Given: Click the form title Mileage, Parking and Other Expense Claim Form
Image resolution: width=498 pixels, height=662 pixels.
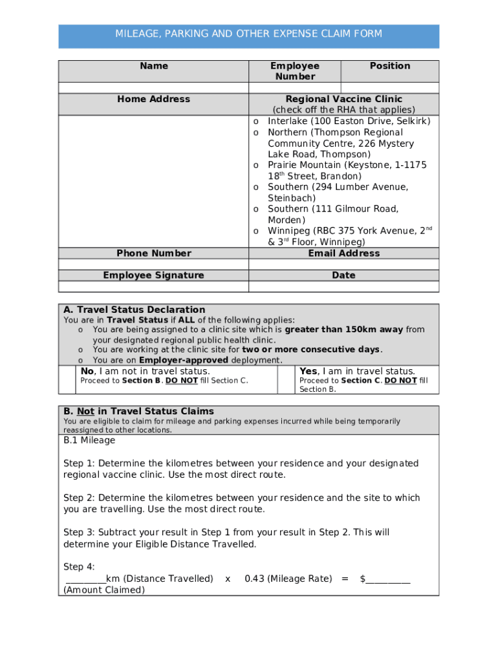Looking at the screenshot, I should pyautogui.click(x=248, y=34).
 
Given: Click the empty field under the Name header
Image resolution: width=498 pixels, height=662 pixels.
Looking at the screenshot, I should pyautogui.click(x=153, y=88).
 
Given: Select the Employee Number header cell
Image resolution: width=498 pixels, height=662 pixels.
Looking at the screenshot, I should pyautogui.click(x=294, y=71).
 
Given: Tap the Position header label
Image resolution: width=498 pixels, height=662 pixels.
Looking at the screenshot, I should pyautogui.click(x=389, y=66).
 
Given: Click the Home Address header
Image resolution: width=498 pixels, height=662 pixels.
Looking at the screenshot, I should pyautogui.click(x=153, y=99).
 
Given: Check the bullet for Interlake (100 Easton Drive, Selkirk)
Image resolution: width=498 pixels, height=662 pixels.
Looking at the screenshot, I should pyautogui.click(x=256, y=122).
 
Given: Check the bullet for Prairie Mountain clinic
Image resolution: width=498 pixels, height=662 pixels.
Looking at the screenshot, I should pyautogui.click(x=256, y=165).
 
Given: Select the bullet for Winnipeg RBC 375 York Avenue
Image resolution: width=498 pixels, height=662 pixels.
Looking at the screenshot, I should pyautogui.click(x=256, y=231).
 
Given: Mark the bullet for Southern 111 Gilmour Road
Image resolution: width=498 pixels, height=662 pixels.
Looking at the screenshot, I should pyautogui.click(x=256, y=209).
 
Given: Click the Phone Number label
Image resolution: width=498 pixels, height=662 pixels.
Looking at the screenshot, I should pyautogui.click(x=153, y=253).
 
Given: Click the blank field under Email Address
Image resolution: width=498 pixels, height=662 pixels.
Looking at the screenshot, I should pyautogui.click(x=343, y=264).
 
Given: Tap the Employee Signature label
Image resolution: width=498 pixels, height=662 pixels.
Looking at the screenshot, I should pyautogui.click(x=153, y=275).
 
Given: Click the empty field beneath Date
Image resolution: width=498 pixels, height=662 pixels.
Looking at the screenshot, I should pyautogui.click(x=343, y=286).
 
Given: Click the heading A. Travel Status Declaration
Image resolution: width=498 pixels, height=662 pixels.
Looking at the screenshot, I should pyautogui.click(x=134, y=310).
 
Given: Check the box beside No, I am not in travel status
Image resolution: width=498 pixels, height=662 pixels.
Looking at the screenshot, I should pyautogui.click(x=68, y=379).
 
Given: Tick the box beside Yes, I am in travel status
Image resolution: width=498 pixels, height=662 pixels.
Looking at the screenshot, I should pyautogui.click(x=287, y=379).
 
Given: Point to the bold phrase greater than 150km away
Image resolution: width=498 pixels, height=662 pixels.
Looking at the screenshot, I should pyautogui.click(x=344, y=330).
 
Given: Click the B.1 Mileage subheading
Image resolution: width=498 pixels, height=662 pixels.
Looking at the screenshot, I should pyautogui.click(x=89, y=440).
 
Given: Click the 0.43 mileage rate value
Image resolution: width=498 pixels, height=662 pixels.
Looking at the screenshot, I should pyautogui.click(x=254, y=579).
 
